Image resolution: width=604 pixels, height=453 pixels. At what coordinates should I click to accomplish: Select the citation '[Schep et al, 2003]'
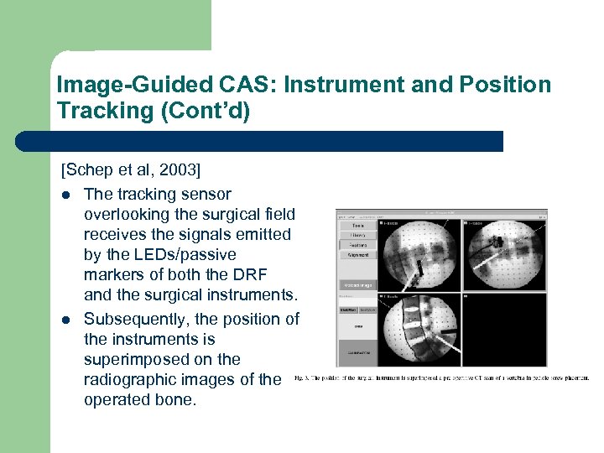130,170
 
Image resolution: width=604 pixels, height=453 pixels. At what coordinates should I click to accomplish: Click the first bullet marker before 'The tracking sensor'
65,195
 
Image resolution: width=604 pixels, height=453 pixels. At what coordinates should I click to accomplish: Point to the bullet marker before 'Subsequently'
65,320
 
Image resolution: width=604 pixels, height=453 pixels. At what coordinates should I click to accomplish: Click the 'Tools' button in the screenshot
357,226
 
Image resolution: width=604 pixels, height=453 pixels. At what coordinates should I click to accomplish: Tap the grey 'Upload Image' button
357,286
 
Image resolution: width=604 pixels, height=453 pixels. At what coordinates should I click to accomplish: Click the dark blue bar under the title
260,142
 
